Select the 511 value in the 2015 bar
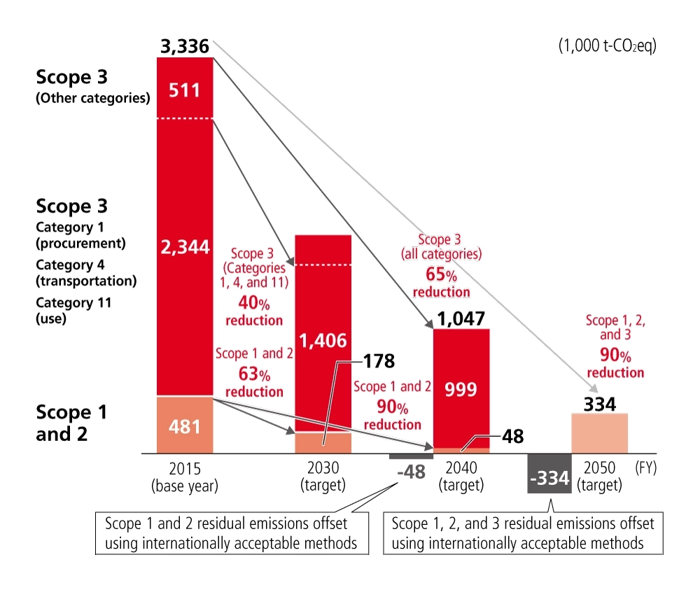point(185,90)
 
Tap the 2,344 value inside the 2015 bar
point(185,248)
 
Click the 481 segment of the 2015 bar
point(185,426)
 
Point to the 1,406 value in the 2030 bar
point(323,341)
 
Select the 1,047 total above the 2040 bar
point(461,319)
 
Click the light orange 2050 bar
point(600,434)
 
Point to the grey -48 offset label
point(410,472)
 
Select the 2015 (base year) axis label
point(185,475)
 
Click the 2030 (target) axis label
point(323,475)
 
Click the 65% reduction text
point(440,283)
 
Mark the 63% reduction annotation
point(253,383)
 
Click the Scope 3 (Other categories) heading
point(92,86)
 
